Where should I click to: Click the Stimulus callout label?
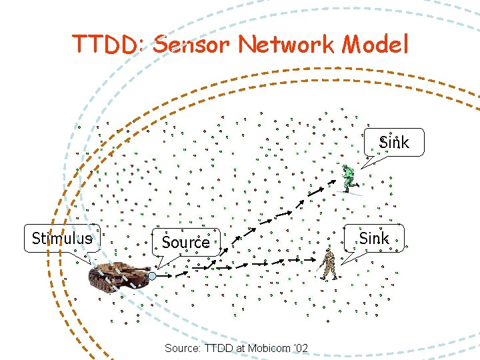point(62,239)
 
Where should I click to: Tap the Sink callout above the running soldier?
point(394,142)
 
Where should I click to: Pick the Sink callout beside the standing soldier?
point(374,238)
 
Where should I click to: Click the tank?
point(120,275)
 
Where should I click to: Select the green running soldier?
point(349,178)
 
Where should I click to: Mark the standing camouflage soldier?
point(327,264)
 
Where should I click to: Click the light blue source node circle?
point(152,275)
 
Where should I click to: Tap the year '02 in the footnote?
point(301,348)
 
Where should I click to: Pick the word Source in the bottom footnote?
point(180,348)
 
